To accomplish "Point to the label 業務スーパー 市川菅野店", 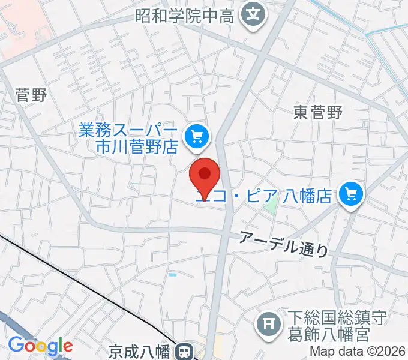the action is (x=128, y=138).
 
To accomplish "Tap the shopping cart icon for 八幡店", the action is (x=352, y=194).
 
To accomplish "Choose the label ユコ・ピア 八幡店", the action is (x=267, y=195).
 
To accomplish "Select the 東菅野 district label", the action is (x=318, y=112).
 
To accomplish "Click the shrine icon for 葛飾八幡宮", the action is (x=268, y=324).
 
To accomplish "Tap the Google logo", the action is (x=40, y=346).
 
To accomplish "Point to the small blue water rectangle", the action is (x=173, y=274).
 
